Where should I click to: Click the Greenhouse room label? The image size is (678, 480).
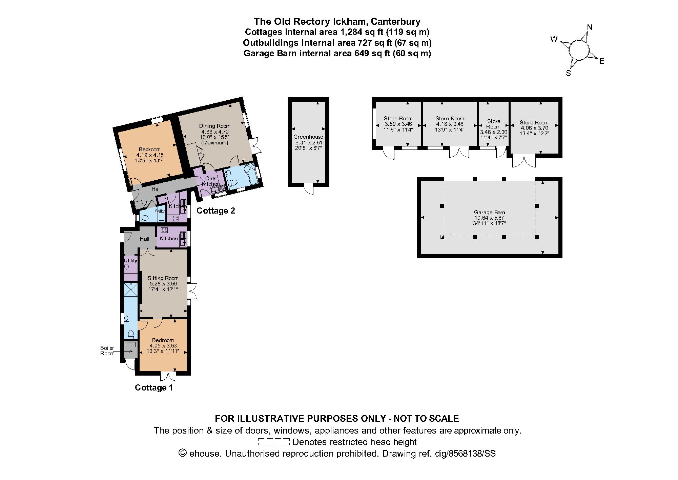click(308, 137)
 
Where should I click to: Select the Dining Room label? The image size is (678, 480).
click(214, 126)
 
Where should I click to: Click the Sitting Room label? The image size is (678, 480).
click(163, 278)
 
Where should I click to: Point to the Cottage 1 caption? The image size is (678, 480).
click(154, 388)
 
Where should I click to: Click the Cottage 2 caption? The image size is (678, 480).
click(216, 211)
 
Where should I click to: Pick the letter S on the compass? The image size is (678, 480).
click(569, 73)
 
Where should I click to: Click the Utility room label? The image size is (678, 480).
click(130, 261)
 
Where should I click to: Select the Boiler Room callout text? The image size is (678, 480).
click(107, 351)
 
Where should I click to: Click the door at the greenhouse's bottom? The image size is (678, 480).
click(309, 189)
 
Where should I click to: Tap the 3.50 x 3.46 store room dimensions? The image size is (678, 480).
click(398, 124)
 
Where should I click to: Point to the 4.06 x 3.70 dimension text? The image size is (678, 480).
click(534, 128)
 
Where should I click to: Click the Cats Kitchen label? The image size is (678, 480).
click(211, 181)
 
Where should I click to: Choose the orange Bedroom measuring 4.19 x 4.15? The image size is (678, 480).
click(149, 149)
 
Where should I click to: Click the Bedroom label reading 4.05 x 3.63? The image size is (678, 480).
click(163, 340)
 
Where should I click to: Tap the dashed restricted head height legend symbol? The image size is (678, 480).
click(274, 442)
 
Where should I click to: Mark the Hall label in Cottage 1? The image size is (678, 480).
click(144, 239)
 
